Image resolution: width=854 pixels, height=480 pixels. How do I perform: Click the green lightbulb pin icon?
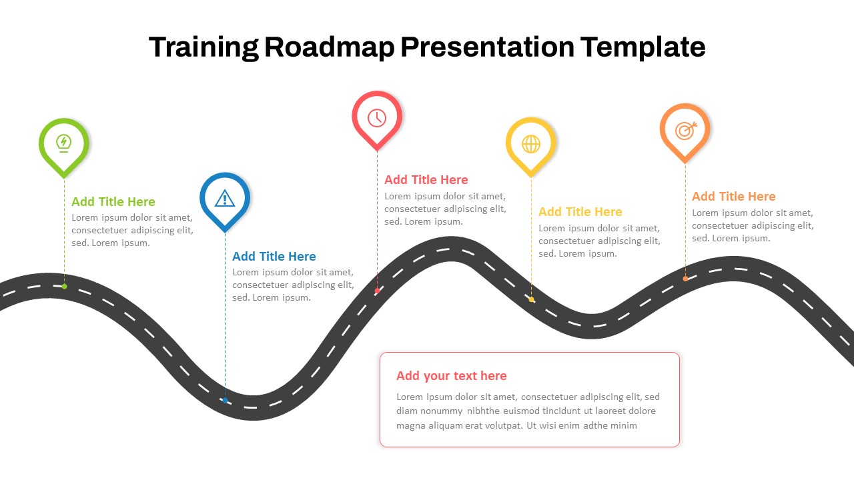click(64, 143)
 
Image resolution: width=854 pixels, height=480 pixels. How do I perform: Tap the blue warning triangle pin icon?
click(225, 198)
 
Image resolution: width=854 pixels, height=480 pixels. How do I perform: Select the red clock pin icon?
click(377, 117)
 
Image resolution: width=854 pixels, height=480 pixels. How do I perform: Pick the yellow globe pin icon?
click(531, 143)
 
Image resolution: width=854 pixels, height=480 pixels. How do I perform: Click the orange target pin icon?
click(685, 130)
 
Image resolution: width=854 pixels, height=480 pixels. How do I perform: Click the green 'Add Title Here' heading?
click(113, 201)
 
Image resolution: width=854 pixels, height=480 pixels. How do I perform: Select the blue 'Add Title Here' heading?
click(274, 256)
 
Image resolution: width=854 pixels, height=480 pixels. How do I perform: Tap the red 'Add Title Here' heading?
click(426, 179)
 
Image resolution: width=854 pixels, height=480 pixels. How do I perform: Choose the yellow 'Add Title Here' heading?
click(580, 211)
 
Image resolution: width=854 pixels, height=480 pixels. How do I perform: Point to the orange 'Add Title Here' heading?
click(734, 196)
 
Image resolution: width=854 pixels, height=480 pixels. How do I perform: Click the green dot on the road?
click(64, 287)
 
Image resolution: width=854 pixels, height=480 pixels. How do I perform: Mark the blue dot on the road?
click(225, 401)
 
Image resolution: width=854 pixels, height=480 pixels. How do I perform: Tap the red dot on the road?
click(377, 291)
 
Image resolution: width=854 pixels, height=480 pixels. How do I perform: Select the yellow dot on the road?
click(531, 299)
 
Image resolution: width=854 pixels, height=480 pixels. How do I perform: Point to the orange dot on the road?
click(685, 279)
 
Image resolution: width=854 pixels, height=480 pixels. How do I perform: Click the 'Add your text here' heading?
click(452, 375)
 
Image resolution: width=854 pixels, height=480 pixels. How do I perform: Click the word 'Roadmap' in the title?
click(330, 47)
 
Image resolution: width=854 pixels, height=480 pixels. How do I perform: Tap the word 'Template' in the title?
click(643, 47)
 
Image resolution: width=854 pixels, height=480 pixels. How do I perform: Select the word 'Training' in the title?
click(203, 47)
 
